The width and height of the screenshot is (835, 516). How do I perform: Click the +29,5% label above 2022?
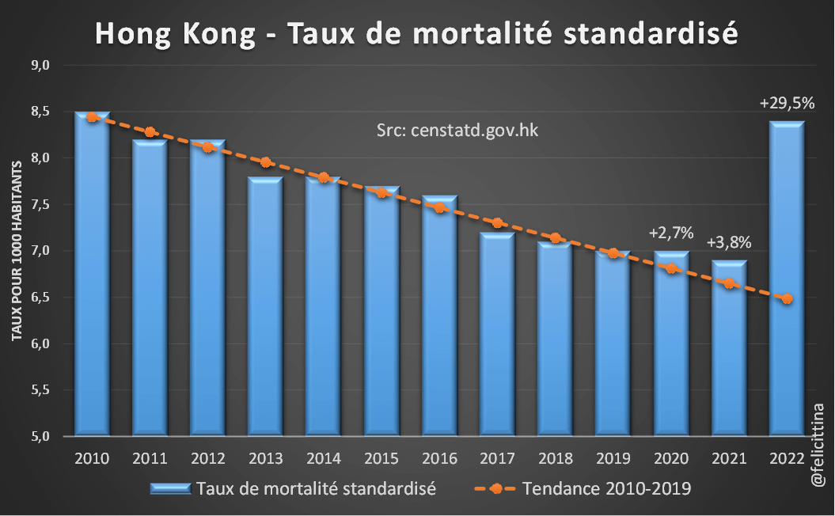(787, 104)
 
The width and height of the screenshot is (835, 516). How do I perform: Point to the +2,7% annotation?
(671, 233)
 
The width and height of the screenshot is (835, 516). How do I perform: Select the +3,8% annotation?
(729, 242)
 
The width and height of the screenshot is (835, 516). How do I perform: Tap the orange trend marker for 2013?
(266, 162)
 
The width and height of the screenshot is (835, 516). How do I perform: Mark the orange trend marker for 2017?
(497, 223)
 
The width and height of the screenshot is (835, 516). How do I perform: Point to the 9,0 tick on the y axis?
(40, 66)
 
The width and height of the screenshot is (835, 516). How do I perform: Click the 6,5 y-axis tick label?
(40, 298)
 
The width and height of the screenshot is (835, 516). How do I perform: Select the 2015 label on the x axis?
(381, 460)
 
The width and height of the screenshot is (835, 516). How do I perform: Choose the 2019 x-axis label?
(613, 460)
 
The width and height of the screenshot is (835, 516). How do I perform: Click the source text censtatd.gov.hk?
(457, 131)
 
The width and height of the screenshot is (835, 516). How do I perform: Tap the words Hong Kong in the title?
(177, 34)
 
